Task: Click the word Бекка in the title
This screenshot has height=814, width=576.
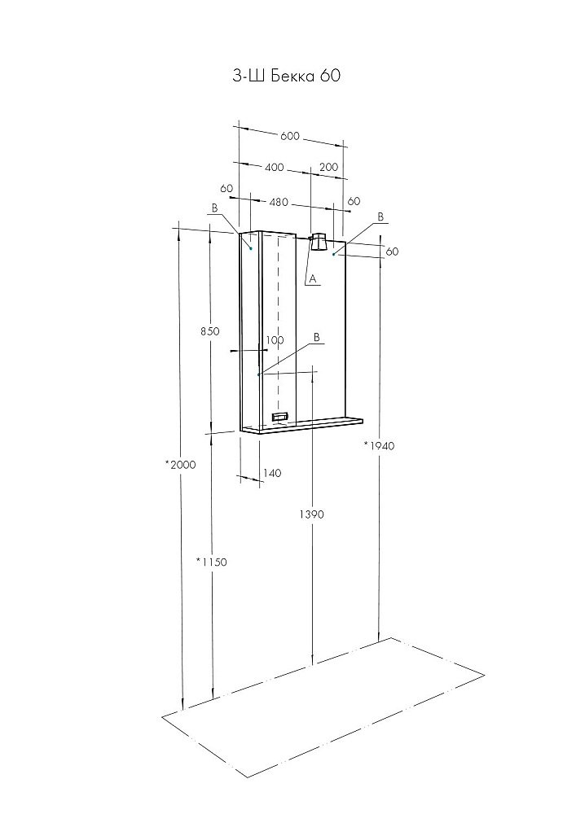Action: click(x=293, y=76)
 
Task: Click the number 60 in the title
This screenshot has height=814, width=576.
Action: click(x=330, y=76)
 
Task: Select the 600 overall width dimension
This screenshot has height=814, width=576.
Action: click(x=290, y=136)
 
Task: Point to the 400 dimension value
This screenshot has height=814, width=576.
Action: click(x=275, y=167)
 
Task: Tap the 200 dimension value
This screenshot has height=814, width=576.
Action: click(x=329, y=167)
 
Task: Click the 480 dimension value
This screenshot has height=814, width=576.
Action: click(x=279, y=203)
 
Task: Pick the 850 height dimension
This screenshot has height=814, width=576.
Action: click(x=210, y=331)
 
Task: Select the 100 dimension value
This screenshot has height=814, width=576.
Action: click(x=275, y=340)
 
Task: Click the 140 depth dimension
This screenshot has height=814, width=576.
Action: click(x=272, y=473)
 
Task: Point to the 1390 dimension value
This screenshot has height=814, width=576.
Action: click(x=312, y=514)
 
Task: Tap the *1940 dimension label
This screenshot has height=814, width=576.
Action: click(x=379, y=445)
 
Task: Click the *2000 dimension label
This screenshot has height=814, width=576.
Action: click(x=181, y=465)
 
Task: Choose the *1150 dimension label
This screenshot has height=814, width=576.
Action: click(x=212, y=562)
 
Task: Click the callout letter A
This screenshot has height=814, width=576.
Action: click(x=312, y=279)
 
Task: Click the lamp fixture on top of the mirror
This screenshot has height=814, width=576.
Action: click(x=318, y=243)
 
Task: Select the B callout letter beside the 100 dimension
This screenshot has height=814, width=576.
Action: click(x=316, y=337)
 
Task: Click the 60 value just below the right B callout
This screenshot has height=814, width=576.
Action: click(x=393, y=252)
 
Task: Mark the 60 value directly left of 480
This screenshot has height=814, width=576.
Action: click(x=226, y=189)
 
